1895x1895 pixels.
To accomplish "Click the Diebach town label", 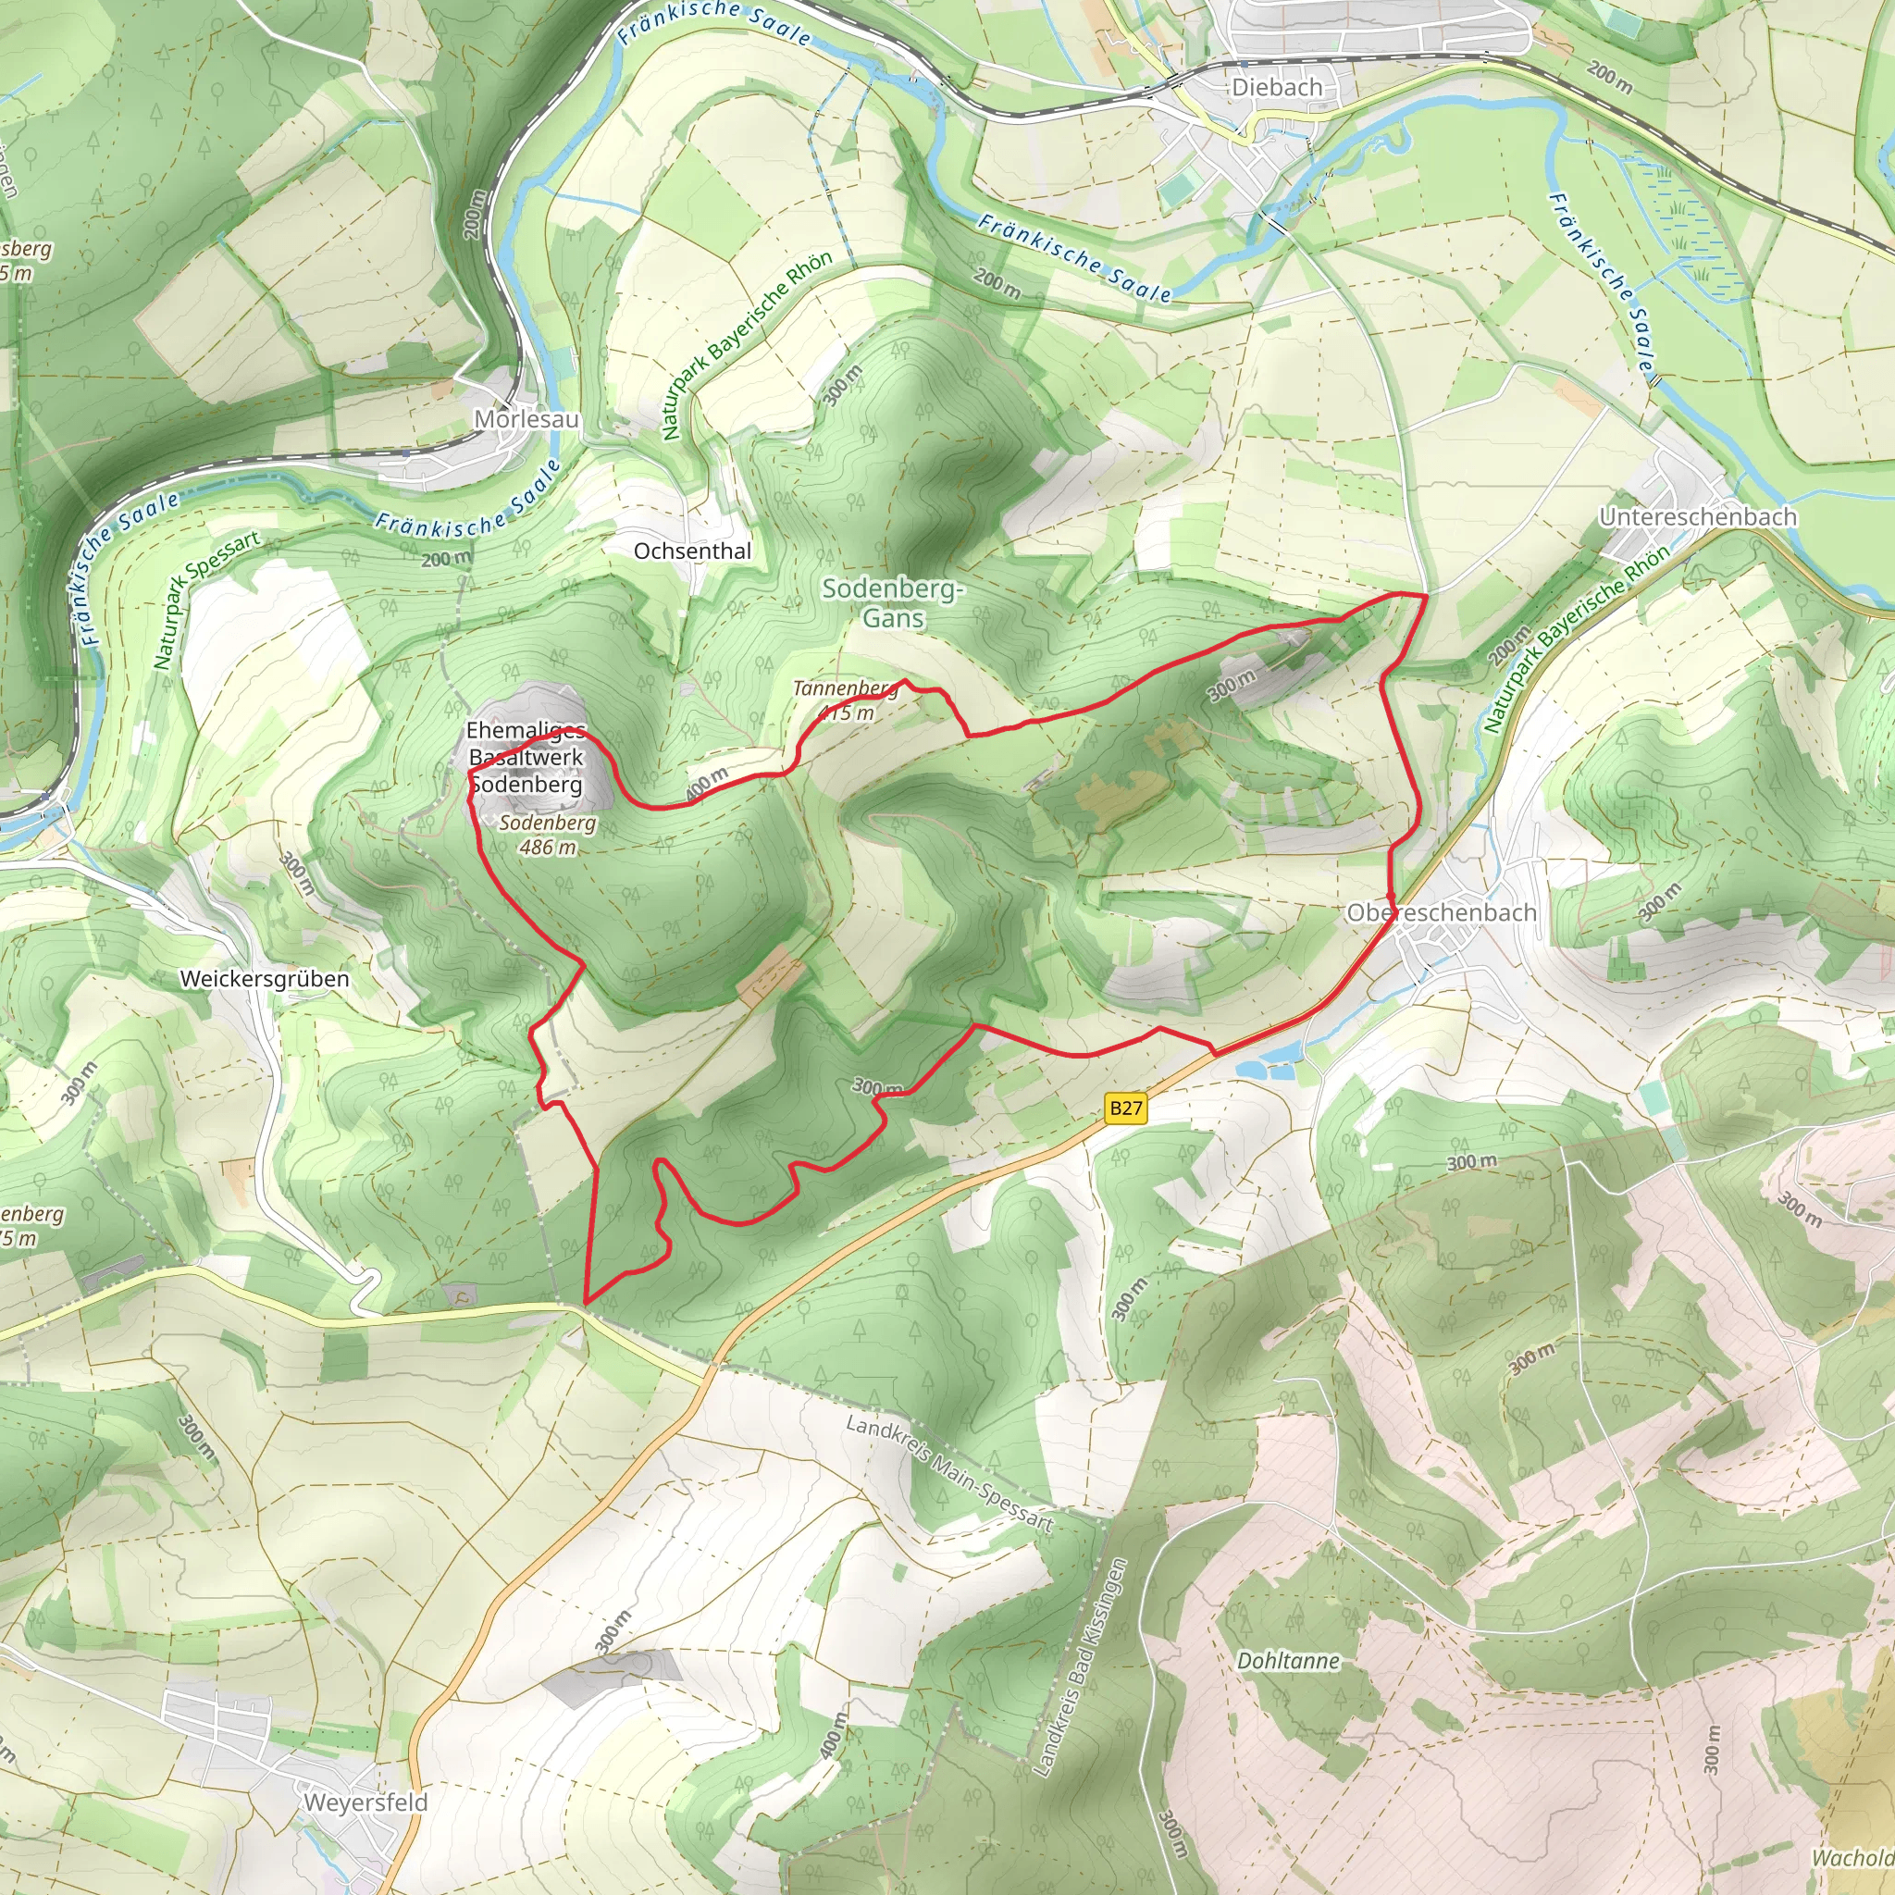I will coord(1276,87).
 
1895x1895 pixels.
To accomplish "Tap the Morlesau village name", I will coord(526,419).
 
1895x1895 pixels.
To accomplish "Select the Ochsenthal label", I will coord(691,551).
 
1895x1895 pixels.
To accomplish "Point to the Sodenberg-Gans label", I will coord(893,602).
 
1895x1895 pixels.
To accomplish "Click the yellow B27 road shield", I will coord(1125,1109).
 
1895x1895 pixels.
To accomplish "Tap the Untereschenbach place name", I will coord(1697,517).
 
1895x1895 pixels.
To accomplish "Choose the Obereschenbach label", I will coord(1441,912).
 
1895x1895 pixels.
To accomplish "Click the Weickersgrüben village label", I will coord(264,979).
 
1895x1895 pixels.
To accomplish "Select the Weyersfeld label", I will coord(365,1802).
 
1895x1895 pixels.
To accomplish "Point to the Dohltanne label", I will coord(1287,1661).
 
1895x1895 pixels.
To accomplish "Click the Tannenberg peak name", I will coord(845,688).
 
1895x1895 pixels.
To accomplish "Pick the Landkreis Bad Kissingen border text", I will coord(1081,1666).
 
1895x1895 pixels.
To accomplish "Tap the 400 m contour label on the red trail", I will coord(706,785).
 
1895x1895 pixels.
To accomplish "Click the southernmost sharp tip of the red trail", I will coord(586,1304).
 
